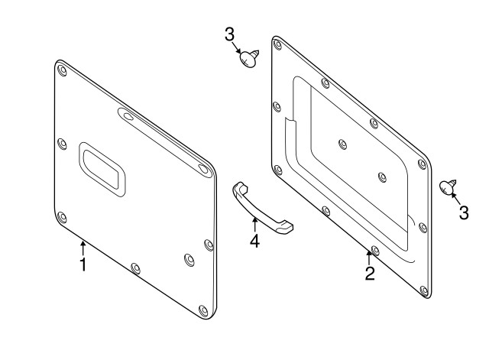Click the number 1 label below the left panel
tap(83, 265)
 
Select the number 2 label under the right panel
tap(369, 273)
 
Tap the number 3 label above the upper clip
tap(229, 35)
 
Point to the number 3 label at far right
tap(463, 213)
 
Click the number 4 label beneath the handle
tap(254, 242)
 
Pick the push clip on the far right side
tap(448, 186)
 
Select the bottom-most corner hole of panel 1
tap(202, 310)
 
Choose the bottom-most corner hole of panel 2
tap(419, 290)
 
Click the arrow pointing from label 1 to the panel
tap(83, 248)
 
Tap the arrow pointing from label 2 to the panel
tap(369, 256)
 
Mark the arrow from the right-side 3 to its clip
tap(456, 199)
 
